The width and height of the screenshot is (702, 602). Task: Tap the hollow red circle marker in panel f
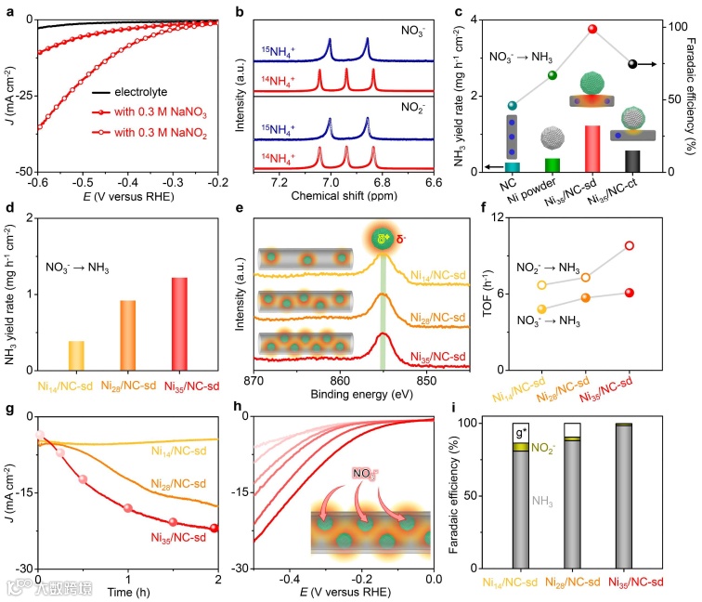click(x=630, y=246)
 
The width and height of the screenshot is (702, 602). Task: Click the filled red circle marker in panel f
click(x=630, y=293)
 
